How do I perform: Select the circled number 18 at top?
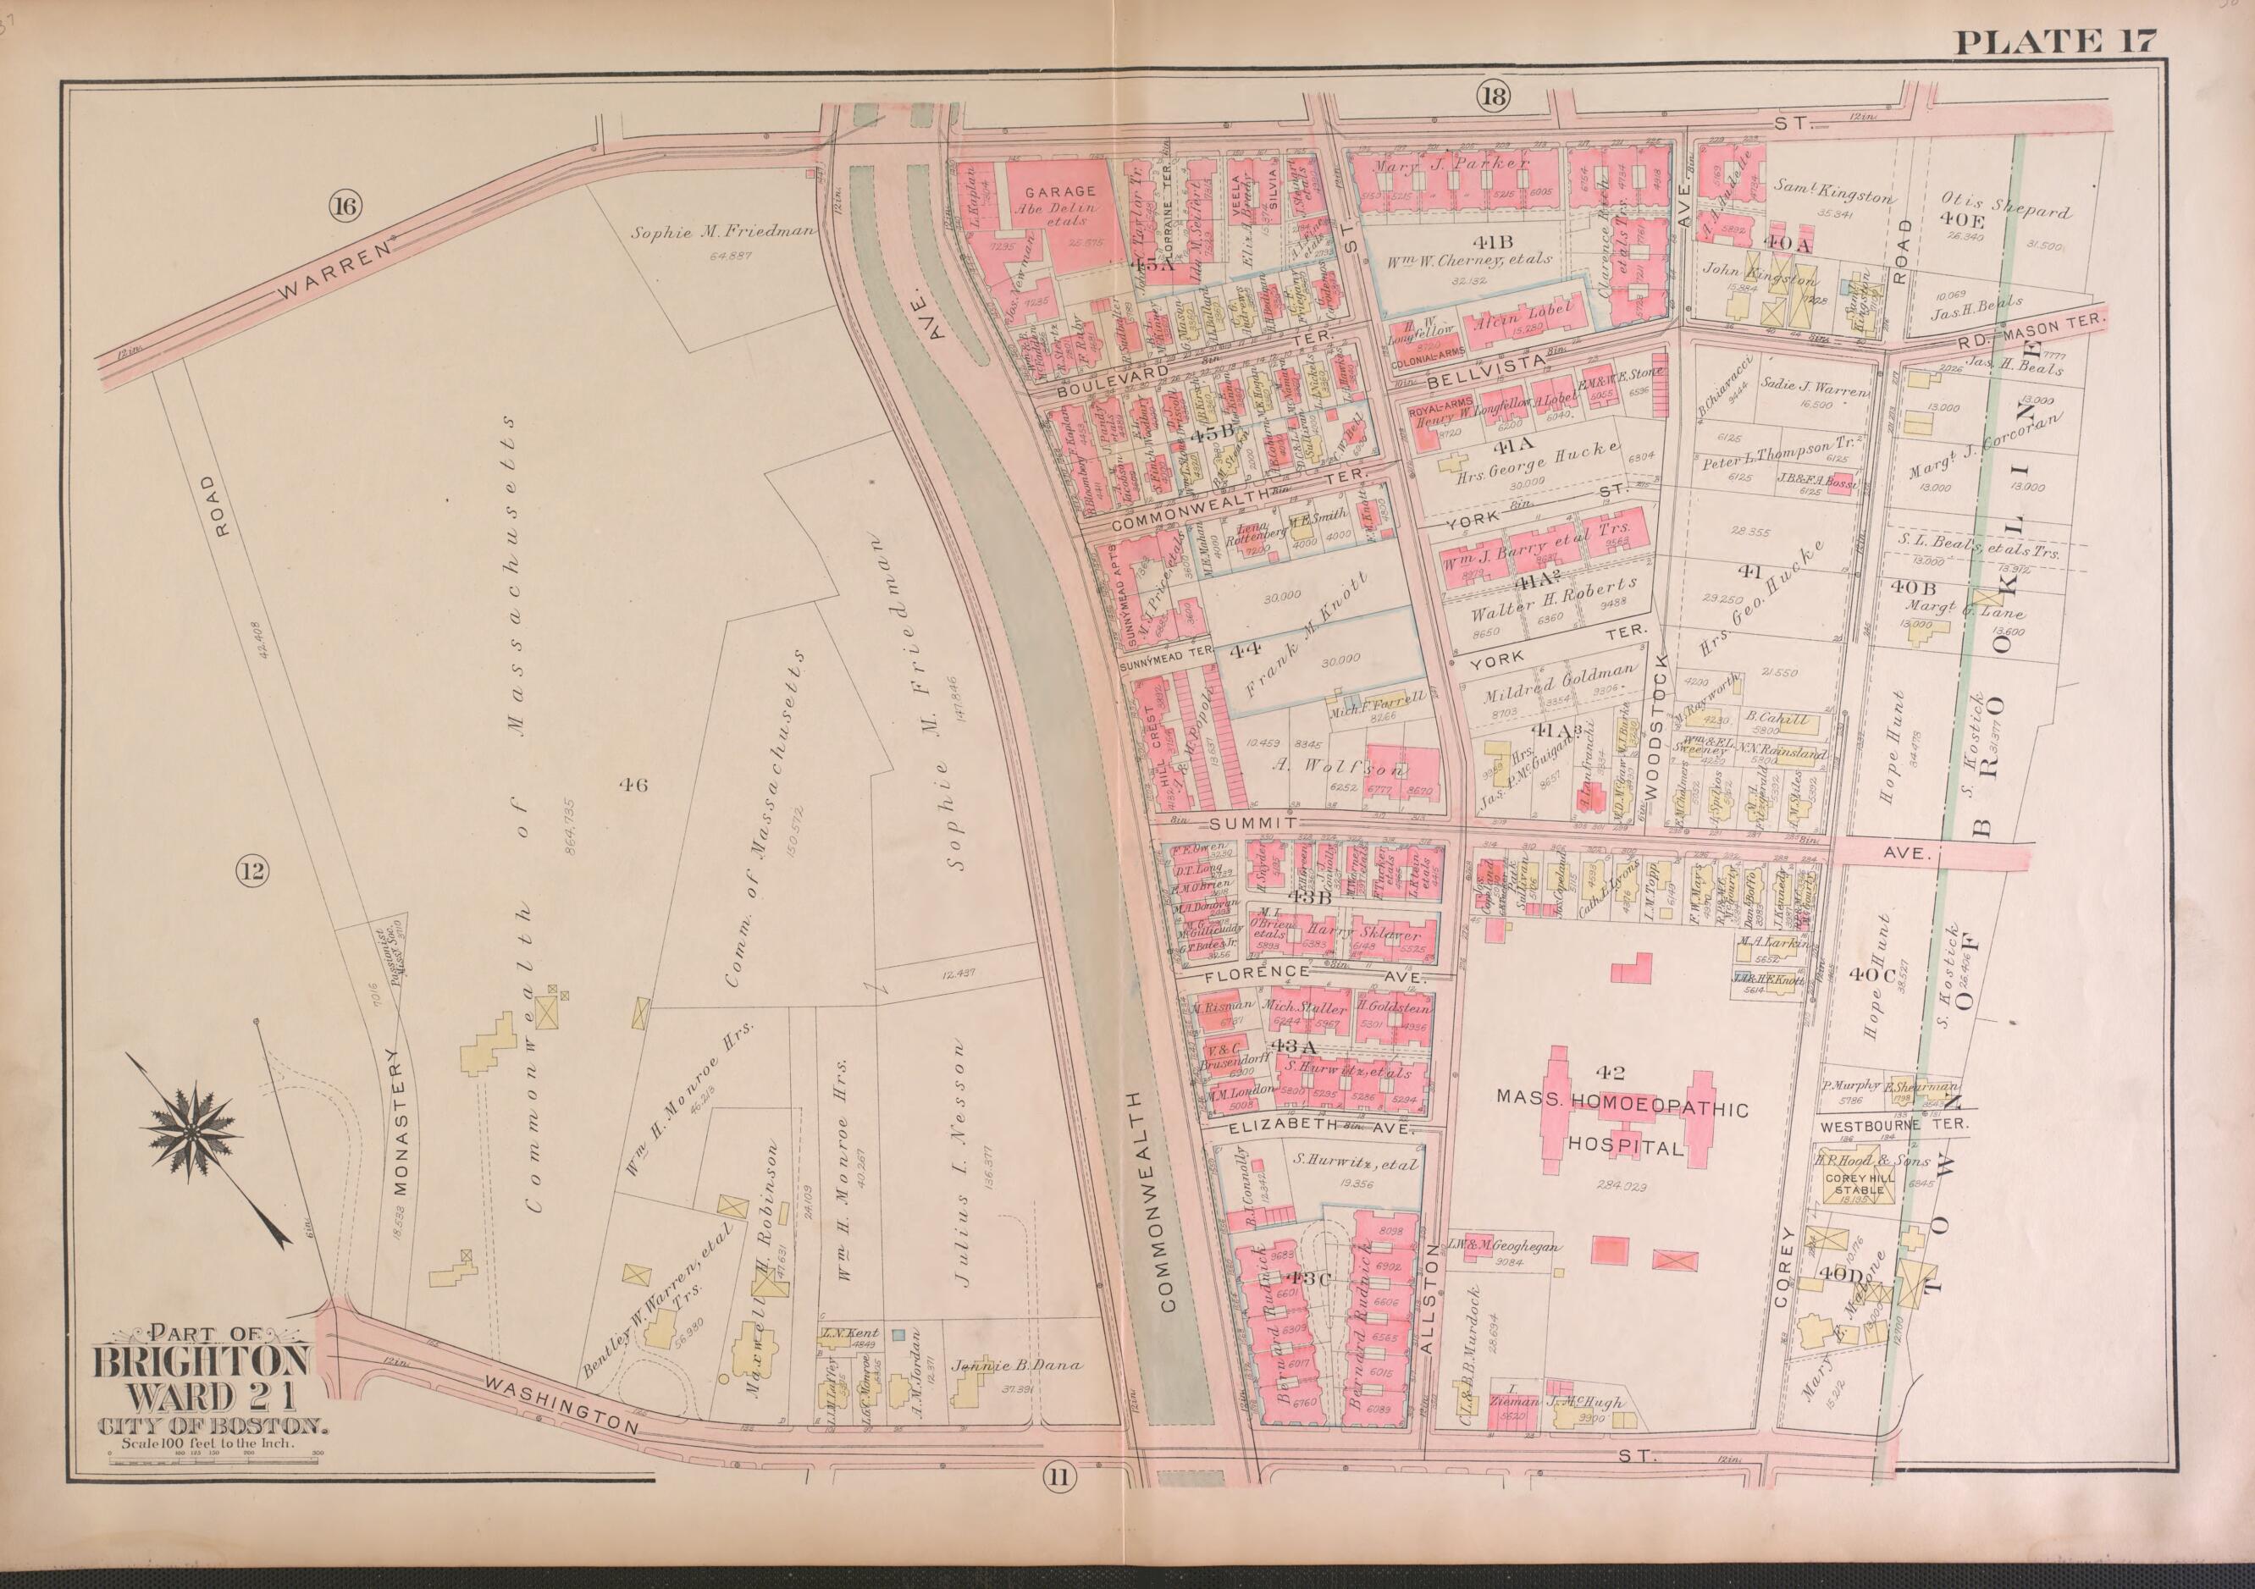point(1491,97)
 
